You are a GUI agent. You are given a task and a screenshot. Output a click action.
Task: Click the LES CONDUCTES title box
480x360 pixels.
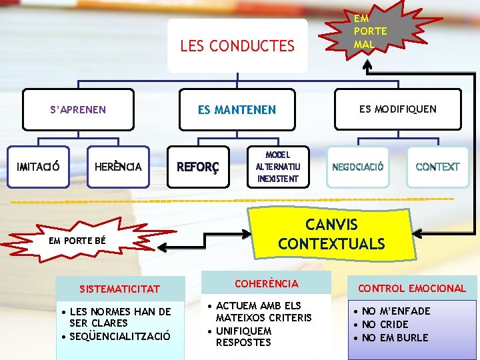click(x=237, y=45)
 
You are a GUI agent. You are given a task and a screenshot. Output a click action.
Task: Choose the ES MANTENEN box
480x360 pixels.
click(x=237, y=109)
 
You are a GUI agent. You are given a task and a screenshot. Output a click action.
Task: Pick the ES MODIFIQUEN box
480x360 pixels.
click(x=397, y=109)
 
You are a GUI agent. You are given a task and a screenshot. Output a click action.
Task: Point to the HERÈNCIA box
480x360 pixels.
click(x=119, y=166)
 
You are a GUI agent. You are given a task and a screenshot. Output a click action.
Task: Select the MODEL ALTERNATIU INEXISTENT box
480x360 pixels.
click(x=279, y=166)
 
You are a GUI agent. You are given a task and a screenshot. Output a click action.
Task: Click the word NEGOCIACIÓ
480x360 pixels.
click(x=358, y=167)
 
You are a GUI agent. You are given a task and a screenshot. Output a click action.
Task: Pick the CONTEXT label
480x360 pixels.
click(x=437, y=167)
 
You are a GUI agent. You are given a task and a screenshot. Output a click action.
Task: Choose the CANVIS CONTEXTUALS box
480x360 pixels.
click(x=331, y=234)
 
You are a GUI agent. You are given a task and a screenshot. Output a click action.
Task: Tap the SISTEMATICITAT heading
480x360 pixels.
click(x=120, y=289)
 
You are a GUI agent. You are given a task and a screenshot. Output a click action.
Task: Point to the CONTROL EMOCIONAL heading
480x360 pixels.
click(x=411, y=289)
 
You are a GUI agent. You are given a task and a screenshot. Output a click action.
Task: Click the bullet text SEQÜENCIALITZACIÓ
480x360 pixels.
click(x=124, y=335)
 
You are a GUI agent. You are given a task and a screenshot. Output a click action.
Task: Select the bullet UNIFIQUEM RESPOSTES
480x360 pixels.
click(x=243, y=337)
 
